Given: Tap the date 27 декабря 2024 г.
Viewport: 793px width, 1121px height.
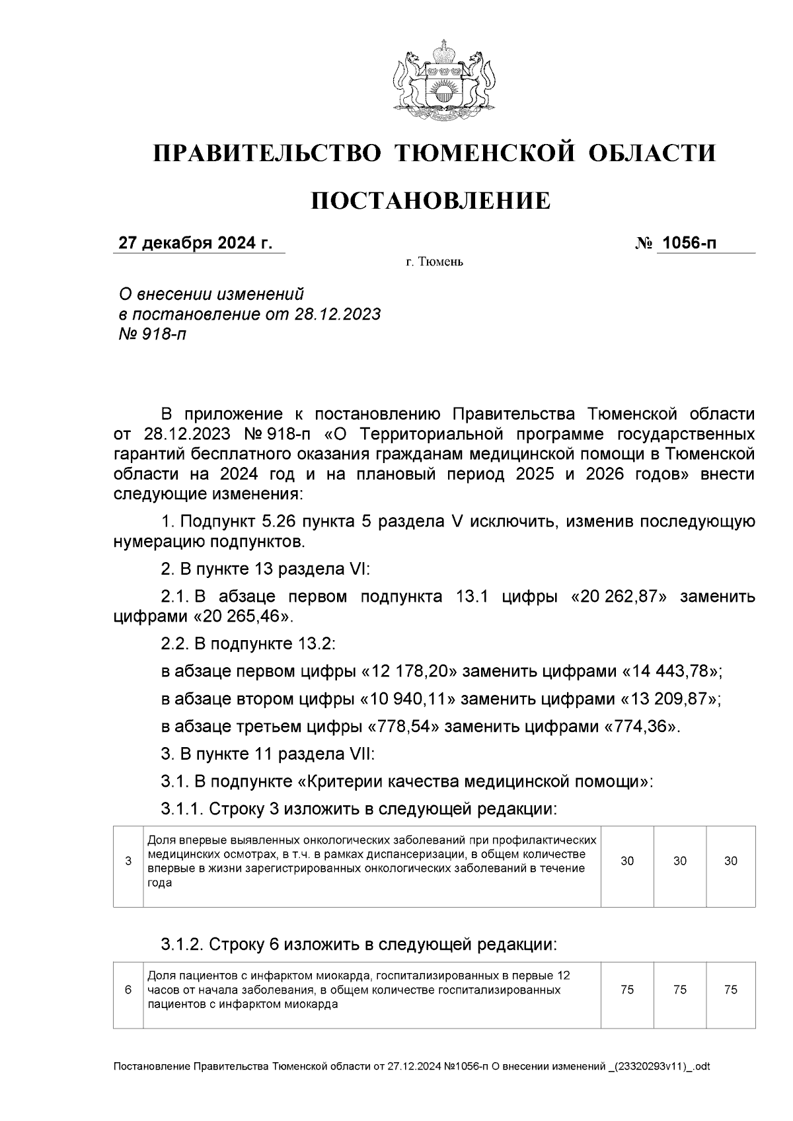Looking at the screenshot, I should (195, 243).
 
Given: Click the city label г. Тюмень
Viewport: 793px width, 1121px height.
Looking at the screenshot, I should (434, 262).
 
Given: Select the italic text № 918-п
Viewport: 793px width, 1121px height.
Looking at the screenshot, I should (152, 334).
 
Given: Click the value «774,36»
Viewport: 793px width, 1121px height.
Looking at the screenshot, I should (639, 727).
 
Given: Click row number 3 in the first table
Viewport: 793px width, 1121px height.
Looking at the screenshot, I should (128, 861).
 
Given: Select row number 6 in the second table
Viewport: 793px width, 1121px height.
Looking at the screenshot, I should (128, 990).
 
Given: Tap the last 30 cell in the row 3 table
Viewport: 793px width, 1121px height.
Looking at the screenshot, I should (730, 861).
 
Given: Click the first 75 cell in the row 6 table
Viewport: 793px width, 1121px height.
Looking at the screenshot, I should (627, 990).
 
